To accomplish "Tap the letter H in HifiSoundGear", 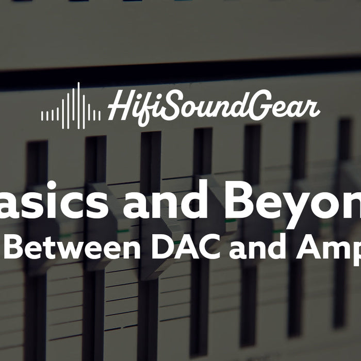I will (120, 107).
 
